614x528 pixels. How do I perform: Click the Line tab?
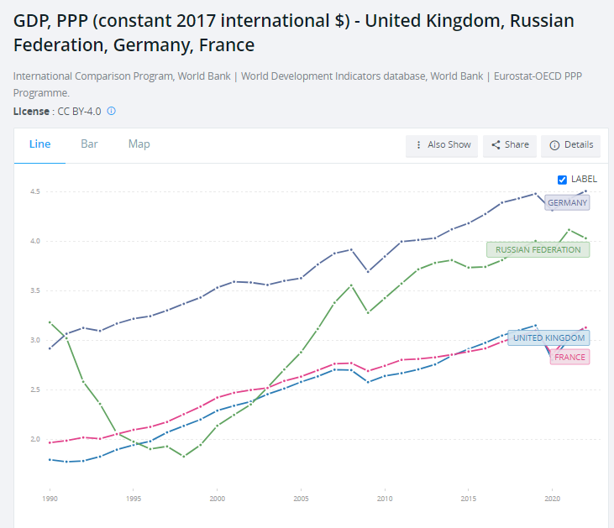(40, 144)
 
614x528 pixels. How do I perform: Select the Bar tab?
(89, 144)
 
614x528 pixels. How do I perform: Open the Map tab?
(139, 144)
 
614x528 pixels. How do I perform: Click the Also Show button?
(442, 145)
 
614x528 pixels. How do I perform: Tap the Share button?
(510, 145)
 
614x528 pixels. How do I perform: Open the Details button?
(571, 145)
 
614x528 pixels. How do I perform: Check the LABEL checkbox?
(563, 180)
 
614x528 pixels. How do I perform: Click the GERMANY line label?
(567, 202)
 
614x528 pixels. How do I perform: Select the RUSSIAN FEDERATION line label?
(538, 249)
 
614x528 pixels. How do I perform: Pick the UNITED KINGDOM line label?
(548, 337)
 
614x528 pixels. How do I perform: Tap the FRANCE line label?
(569, 357)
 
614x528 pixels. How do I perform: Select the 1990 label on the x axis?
(50, 499)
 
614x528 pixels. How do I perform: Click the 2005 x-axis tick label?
(301, 499)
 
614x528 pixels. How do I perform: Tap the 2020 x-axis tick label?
(552, 499)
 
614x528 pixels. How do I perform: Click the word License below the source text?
(30, 111)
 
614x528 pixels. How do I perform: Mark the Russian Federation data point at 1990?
(50, 322)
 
